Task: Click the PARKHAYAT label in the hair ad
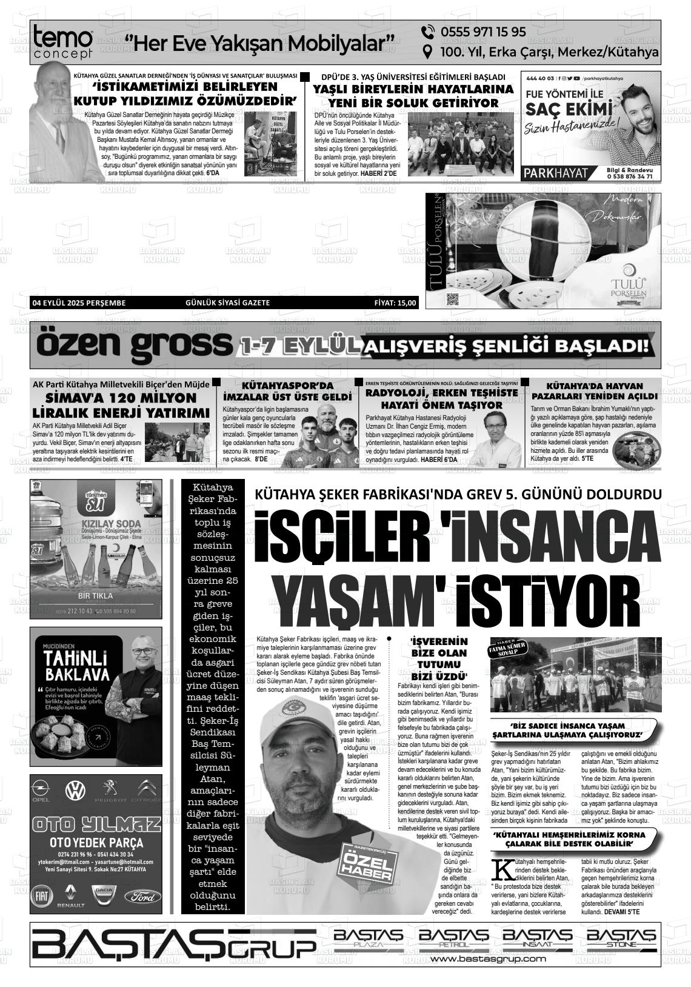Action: pos(555,173)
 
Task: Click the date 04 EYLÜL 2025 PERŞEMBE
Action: pos(79,303)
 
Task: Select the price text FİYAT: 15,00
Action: pos(395,303)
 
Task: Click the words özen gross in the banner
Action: pos(133,346)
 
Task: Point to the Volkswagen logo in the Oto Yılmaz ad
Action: pos(76,789)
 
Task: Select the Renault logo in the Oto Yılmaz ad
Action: pos(70,894)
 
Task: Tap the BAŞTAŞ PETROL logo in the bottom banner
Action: pos(453,938)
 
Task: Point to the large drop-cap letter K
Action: pos(502,869)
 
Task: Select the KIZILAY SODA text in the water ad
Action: pos(96,524)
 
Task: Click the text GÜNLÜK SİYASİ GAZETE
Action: pos(228,303)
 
